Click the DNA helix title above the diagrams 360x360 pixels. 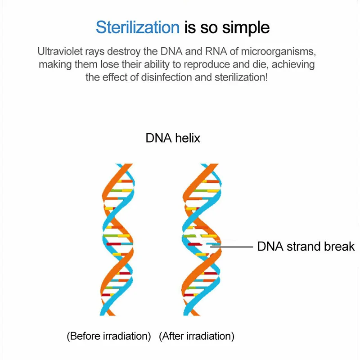[x=173, y=138]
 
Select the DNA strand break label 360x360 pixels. [x=306, y=247]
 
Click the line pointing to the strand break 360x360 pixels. [x=234, y=247]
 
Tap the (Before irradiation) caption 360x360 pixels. [x=108, y=336]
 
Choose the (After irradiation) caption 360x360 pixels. [x=197, y=336]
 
